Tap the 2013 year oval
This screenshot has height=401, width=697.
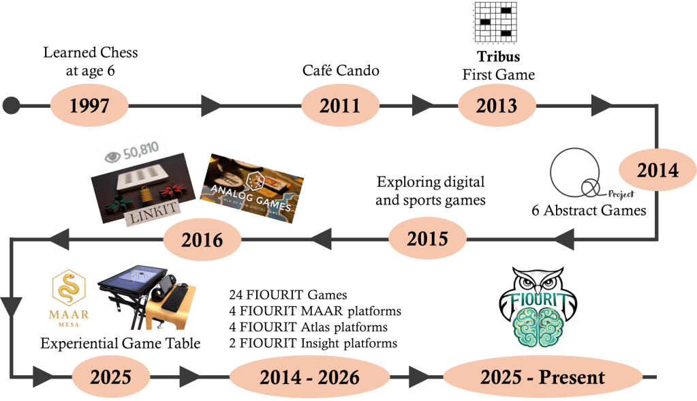[497, 106]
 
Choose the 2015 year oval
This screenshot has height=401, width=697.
[427, 239]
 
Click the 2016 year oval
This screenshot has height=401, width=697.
[202, 239]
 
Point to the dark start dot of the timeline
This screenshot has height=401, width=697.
[10, 106]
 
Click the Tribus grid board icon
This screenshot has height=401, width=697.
[497, 25]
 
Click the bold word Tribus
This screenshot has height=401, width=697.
[497, 57]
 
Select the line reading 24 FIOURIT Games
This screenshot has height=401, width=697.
[289, 296]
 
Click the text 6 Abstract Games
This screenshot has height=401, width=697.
[588, 210]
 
